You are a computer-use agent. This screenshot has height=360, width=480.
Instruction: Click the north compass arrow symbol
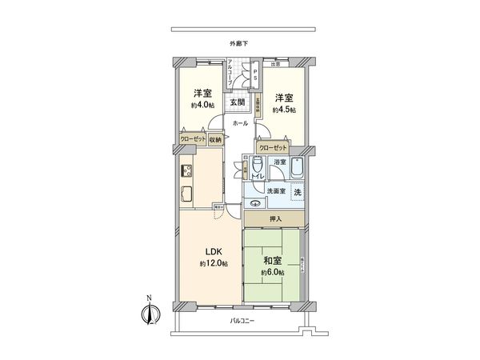pos(147,312)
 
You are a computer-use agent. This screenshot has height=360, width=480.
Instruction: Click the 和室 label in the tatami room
pos(272,261)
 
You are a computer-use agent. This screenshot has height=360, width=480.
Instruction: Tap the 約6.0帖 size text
pos(272,272)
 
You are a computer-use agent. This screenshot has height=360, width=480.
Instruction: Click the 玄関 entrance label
pos(238,102)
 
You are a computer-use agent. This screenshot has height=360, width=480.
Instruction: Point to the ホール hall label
pos(240,124)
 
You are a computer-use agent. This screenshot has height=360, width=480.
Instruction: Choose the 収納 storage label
pos(215,139)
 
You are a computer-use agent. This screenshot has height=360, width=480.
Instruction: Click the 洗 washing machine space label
pos(296,193)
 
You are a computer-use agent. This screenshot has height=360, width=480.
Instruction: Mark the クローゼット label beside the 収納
pos(193,139)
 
